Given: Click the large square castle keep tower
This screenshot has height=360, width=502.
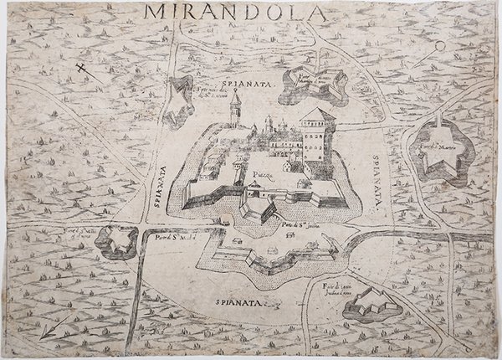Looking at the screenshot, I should pyautogui.click(x=317, y=134).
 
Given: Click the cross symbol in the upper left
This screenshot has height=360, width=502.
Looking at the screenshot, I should pyautogui.click(x=80, y=69).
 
